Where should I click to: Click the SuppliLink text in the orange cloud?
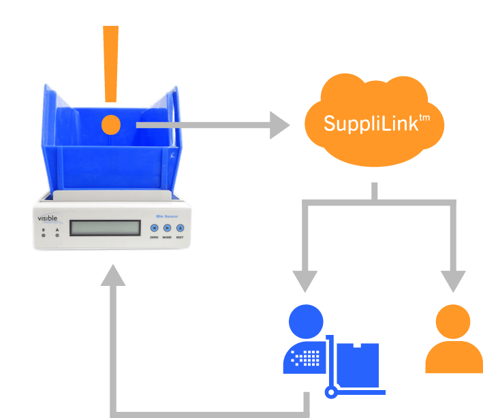pos(376,124)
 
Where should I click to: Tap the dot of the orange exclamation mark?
pos(110,125)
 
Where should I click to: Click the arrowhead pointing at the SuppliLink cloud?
pos(279,125)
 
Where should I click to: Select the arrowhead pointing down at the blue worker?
pos(305,280)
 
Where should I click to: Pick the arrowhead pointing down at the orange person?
pos(453,280)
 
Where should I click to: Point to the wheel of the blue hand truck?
pos(331,392)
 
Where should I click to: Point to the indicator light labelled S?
pos(44,235)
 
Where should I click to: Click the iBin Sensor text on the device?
pos(166,216)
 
